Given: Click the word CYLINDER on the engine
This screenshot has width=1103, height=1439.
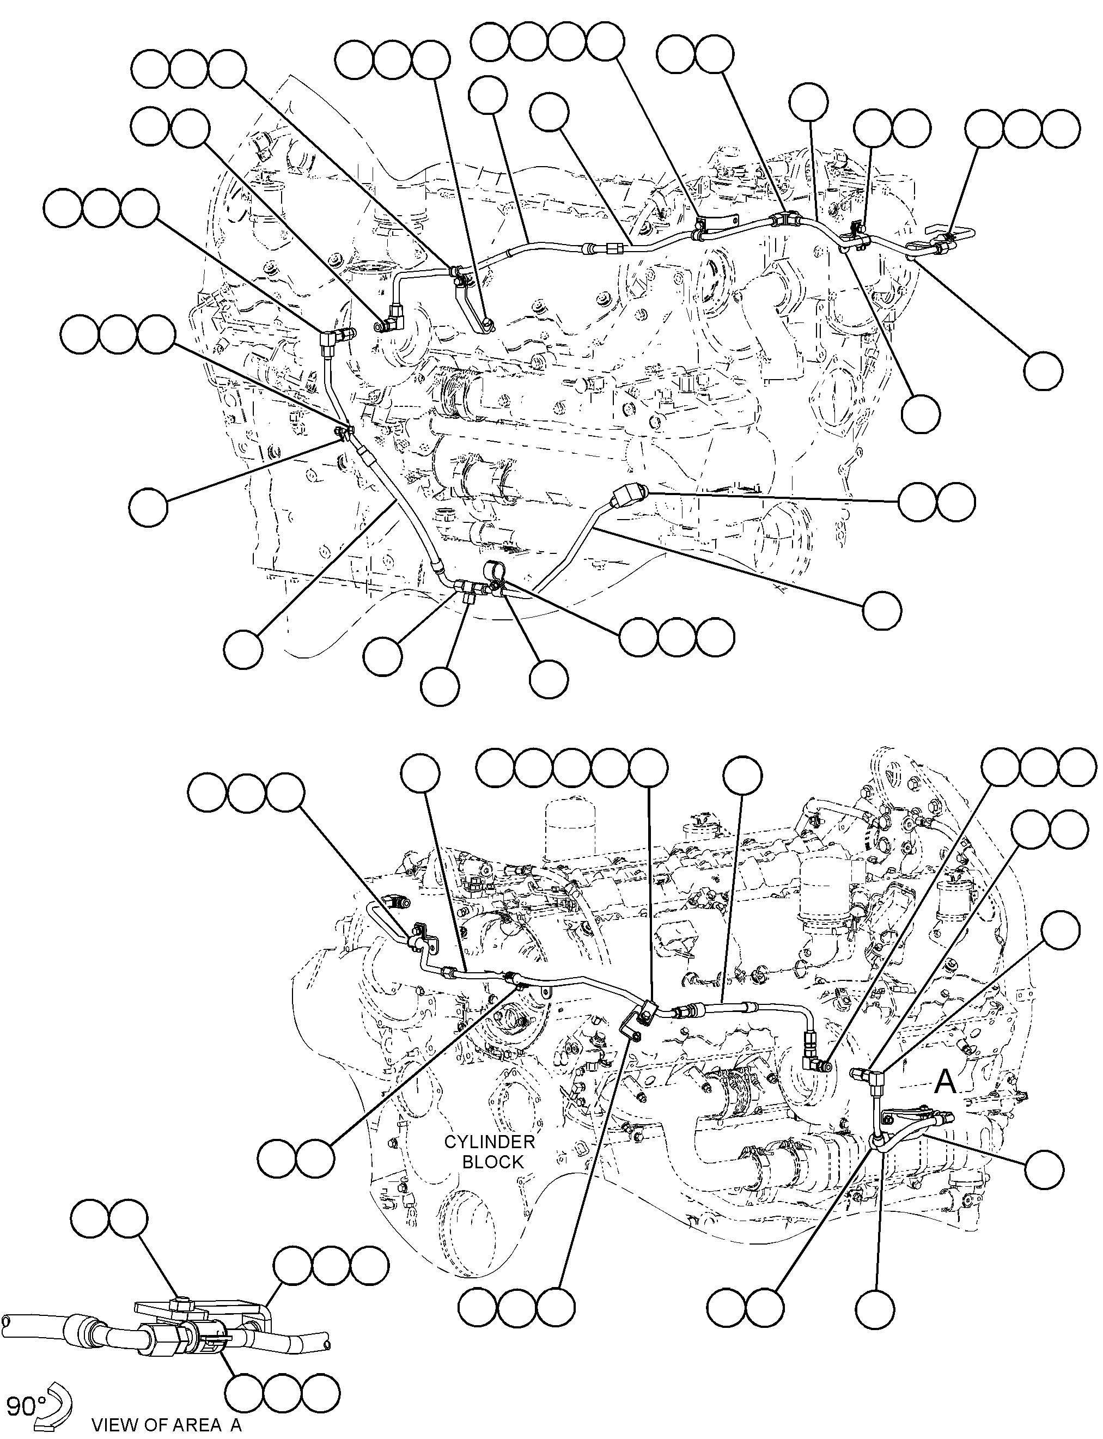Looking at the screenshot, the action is (489, 1142).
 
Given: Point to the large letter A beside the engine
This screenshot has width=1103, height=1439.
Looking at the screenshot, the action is (945, 1081).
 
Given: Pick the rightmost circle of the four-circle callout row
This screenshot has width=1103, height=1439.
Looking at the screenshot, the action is (605, 41).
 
